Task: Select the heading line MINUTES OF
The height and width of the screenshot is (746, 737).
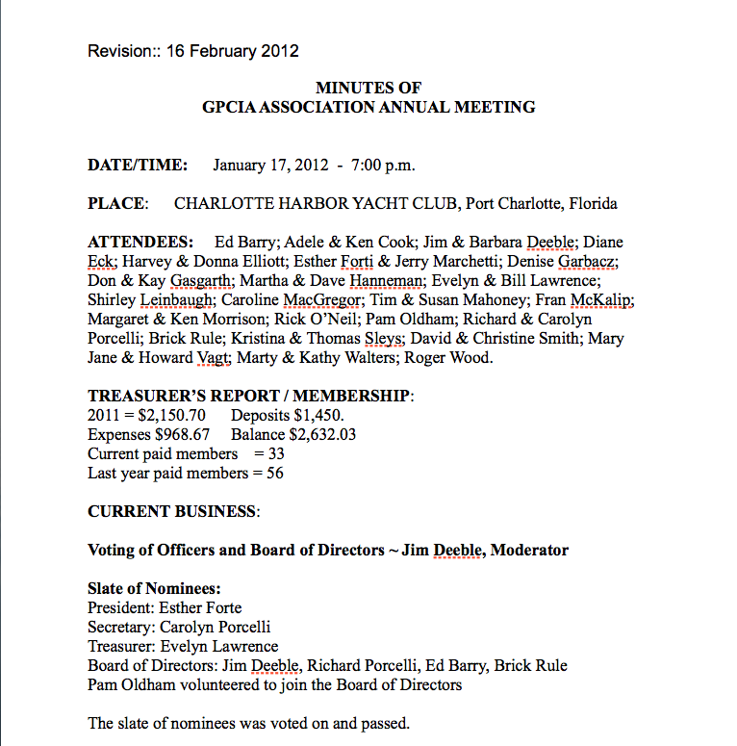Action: pyautogui.click(x=368, y=89)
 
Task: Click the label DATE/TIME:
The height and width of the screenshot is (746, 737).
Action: pyautogui.click(x=138, y=165)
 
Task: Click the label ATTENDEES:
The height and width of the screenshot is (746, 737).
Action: pyautogui.click(x=139, y=242)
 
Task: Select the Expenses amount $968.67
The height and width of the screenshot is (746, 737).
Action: pyautogui.click(x=181, y=434)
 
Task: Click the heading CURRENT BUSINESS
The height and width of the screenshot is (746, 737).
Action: pyautogui.click(x=172, y=512)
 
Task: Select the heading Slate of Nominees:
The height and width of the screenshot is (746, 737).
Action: pyautogui.click(x=154, y=588)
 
